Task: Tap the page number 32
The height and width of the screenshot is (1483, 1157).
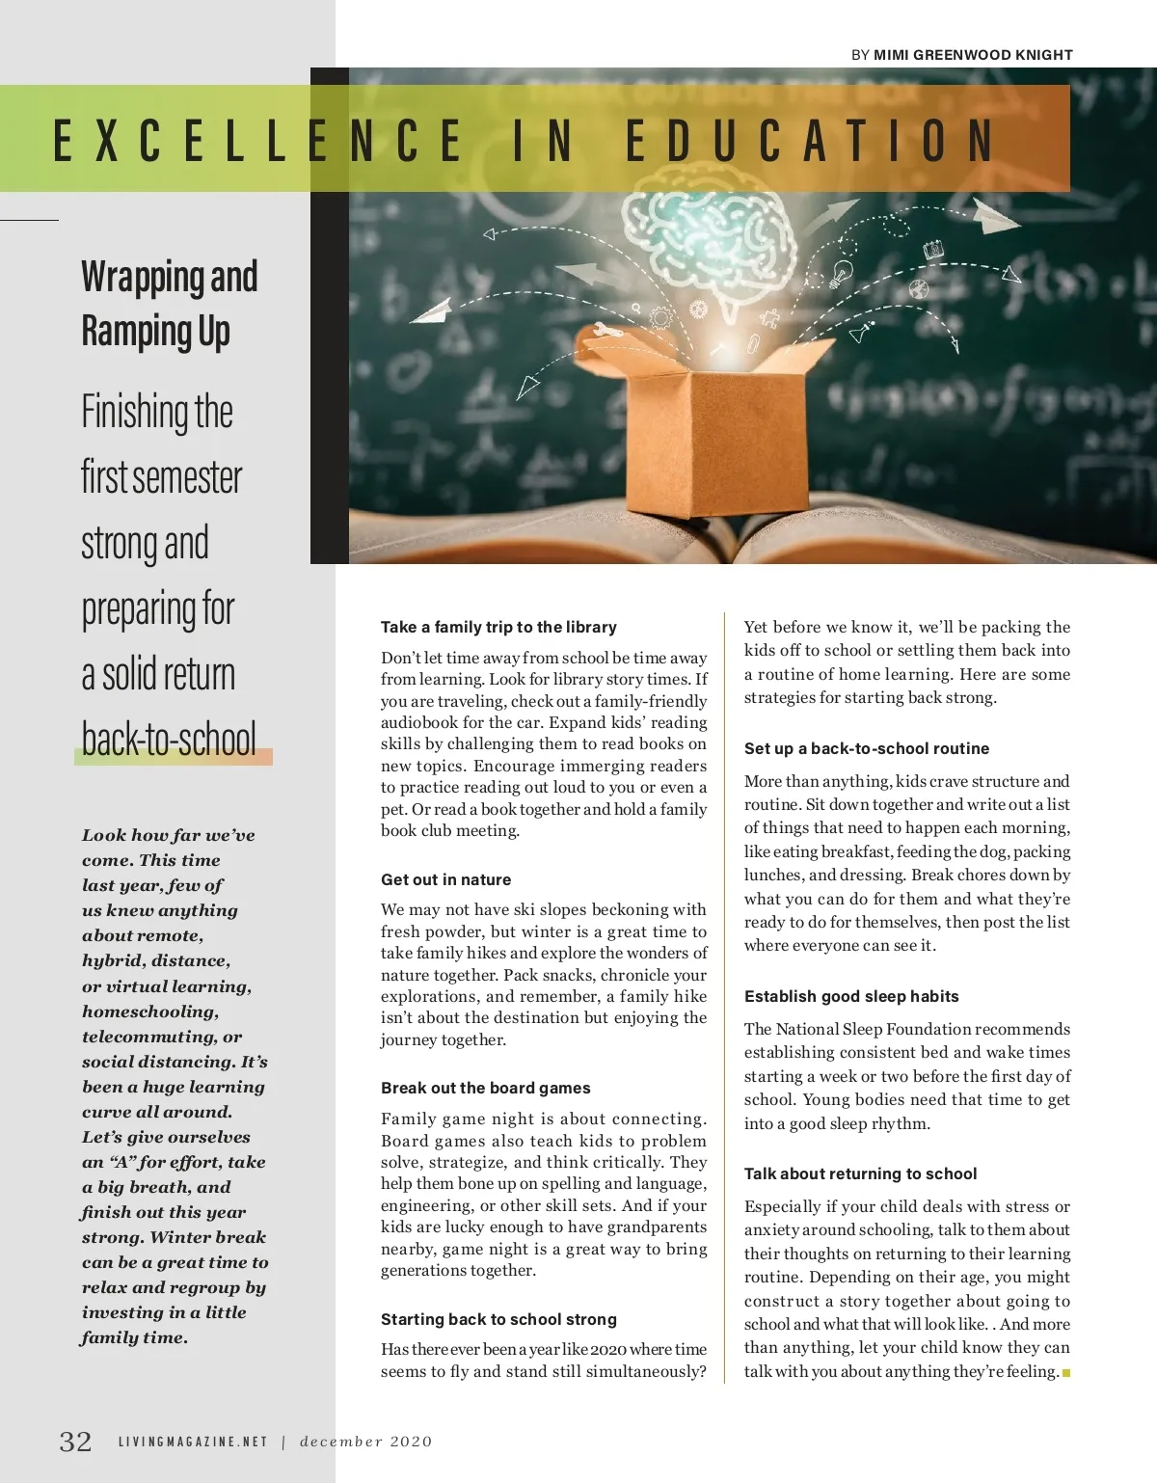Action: click(76, 1442)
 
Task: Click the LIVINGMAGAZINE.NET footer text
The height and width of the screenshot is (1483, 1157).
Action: click(193, 1443)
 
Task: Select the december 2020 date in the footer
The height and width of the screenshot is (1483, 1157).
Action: click(366, 1443)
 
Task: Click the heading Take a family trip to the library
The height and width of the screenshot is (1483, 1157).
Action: click(498, 627)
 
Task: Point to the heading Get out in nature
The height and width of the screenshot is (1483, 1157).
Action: click(445, 879)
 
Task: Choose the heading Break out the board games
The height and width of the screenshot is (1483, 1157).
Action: click(485, 1088)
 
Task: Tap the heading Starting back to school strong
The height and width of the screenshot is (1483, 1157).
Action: click(498, 1319)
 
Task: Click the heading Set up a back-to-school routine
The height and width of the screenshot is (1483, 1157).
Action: click(866, 748)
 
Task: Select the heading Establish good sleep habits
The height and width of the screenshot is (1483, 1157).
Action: click(850, 996)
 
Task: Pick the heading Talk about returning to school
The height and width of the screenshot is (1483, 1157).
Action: click(860, 1173)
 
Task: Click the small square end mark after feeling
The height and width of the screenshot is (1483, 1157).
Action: click(1066, 1372)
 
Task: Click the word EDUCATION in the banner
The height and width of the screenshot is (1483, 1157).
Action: click(810, 141)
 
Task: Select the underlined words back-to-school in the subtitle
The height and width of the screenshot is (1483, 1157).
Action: click(170, 740)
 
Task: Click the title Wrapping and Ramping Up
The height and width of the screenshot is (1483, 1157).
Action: click(169, 303)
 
